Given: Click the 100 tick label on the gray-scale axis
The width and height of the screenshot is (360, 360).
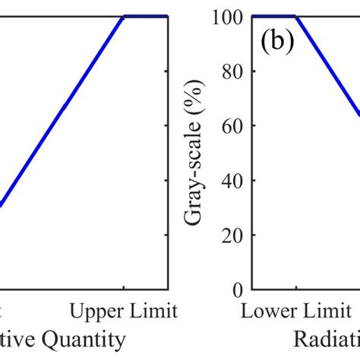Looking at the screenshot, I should [228, 17].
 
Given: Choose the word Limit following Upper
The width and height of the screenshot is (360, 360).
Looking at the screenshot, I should [156, 311].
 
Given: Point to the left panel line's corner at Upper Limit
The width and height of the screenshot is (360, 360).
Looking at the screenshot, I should [124, 16].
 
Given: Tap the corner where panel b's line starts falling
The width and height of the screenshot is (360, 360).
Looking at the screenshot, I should [297, 16].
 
